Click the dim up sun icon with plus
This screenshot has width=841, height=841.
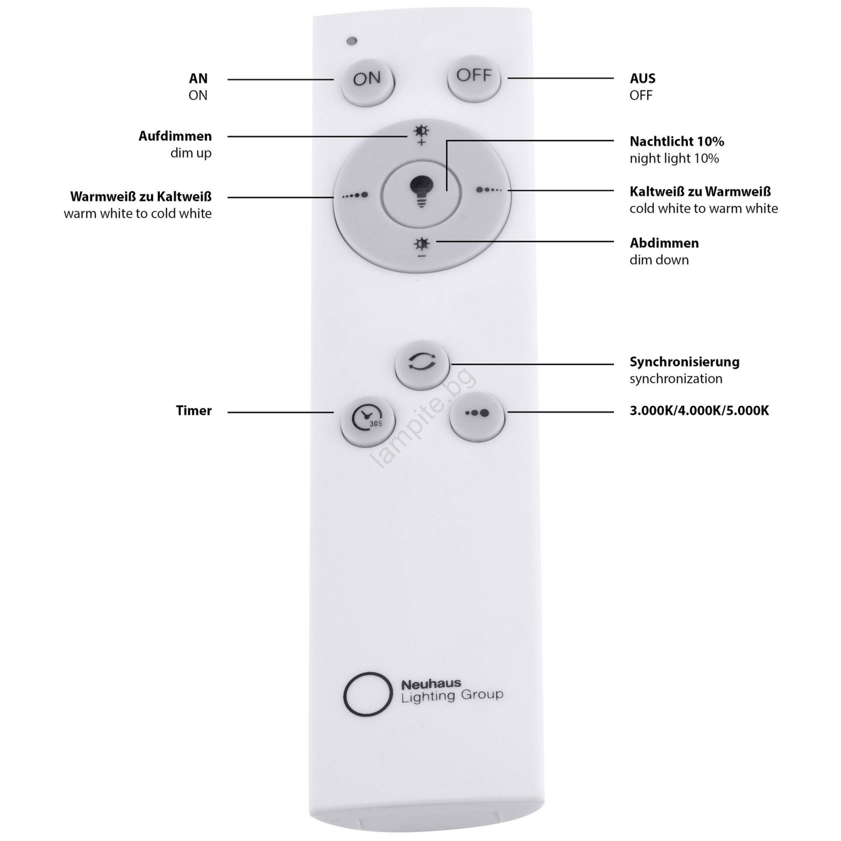coord(421,135)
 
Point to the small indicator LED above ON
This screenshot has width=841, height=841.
coord(352,41)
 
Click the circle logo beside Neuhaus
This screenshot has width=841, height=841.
coord(367,694)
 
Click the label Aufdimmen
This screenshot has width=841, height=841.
coord(175,136)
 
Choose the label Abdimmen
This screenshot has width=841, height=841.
coord(664,243)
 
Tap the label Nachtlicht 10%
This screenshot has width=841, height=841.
coord(677,141)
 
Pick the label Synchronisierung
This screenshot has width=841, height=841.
coord(684,362)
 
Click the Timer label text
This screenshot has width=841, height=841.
coord(194,411)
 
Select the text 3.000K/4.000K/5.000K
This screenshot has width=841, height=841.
coord(699,411)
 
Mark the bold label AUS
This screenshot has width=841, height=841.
coord(642,78)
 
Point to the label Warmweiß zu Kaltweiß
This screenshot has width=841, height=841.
coord(141,197)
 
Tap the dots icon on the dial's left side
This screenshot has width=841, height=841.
coord(355,195)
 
